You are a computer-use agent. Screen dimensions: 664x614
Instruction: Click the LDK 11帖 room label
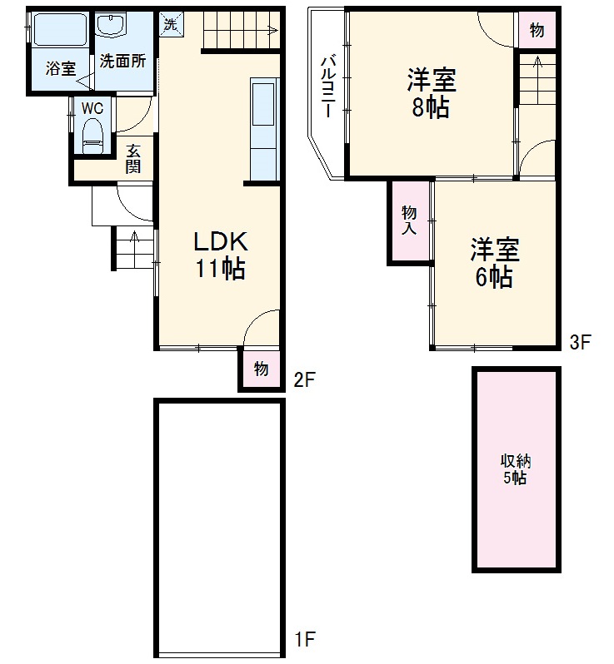tap(220, 255)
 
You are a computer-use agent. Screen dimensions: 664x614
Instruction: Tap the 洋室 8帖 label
tap(431, 95)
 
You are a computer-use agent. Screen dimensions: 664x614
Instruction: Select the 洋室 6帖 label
tap(494, 264)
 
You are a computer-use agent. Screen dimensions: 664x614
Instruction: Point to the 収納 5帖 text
tap(515, 470)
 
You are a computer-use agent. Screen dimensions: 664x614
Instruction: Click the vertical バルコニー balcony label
tap(328, 87)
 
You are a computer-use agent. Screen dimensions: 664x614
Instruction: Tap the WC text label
tap(91, 107)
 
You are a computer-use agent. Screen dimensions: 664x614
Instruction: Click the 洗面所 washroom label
tap(123, 61)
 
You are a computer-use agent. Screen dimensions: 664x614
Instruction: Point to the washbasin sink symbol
tap(110, 26)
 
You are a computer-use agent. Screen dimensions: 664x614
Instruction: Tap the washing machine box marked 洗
tap(170, 24)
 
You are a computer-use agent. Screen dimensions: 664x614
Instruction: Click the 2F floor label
tap(304, 380)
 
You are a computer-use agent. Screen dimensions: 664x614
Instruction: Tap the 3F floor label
tap(581, 341)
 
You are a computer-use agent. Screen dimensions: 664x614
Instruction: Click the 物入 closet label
tap(409, 220)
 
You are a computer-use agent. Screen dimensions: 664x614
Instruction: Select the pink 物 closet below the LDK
tap(261, 369)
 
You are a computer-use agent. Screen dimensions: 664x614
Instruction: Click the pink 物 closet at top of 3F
tap(537, 31)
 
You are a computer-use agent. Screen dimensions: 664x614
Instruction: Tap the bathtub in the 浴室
tap(59, 32)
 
